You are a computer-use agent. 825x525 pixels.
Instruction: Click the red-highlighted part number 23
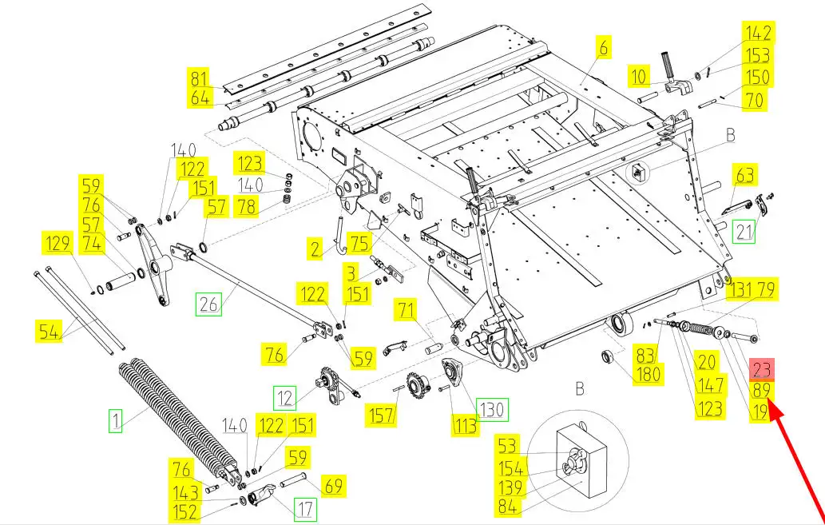coord(762,369)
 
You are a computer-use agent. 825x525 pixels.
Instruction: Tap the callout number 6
coord(603,48)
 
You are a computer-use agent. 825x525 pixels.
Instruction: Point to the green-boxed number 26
coord(208,304)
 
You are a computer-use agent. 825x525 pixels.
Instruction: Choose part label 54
coord(50,330)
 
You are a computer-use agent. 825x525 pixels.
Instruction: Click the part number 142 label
coord(758,33)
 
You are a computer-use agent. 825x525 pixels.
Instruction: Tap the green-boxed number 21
coord(744,232)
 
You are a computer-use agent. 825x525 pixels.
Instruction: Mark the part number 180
coord(648,374)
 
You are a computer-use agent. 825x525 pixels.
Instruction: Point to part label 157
coord(380,415)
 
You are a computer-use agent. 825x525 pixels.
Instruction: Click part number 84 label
coord(509,506)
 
